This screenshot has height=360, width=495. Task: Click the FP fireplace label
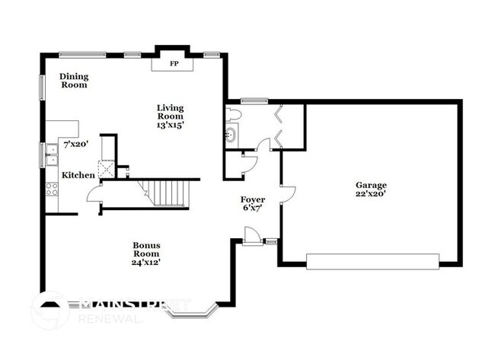click(x=174, y=64)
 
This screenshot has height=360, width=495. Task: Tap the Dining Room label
click(x=74, y=80)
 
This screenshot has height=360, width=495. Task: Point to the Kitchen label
click(x=78, y=175)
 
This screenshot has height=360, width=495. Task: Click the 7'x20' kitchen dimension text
click(x=76, y=143)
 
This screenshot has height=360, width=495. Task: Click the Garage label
click(x=371, y=185)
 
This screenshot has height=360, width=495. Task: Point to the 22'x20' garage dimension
click(x=371, y=194)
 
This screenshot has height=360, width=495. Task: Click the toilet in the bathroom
click(x=234, y=115)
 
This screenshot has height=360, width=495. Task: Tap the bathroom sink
click(x=231, y=136)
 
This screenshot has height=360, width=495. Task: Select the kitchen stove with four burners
click(x=53, y=189)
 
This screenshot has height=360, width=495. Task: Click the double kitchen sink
click(x=50, y=155)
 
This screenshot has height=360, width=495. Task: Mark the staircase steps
click(x=167, y=193)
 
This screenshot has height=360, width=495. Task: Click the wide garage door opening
click(x=372, y=261)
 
